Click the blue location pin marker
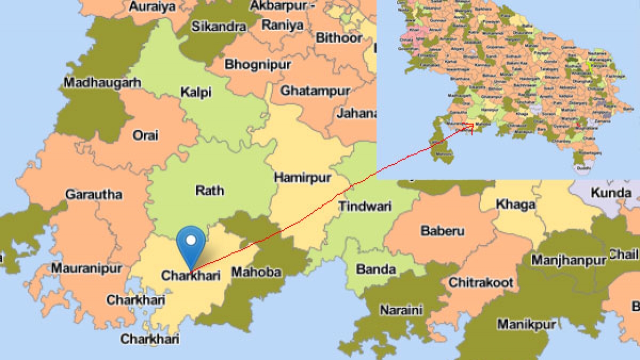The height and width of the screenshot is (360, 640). [190, 243]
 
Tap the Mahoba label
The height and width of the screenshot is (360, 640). [256, 272]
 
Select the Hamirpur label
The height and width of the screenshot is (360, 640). [302, 177]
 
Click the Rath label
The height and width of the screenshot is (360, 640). [210, 190]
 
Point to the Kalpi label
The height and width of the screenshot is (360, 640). [196, 92]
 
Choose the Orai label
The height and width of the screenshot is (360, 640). [146, 135]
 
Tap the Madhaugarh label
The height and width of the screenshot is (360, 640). [102, 82]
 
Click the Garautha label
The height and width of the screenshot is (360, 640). [94, 194]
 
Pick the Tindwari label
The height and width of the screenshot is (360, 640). [365, 206]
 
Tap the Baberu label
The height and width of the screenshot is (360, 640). [443, 231]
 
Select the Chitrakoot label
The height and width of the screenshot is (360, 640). [481, 282]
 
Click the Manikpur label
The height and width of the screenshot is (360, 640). [519, 324]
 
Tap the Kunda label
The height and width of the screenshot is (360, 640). [612, 193]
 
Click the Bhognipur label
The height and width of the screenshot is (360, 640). [258, 65]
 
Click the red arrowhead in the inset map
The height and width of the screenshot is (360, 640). [470, 126]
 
